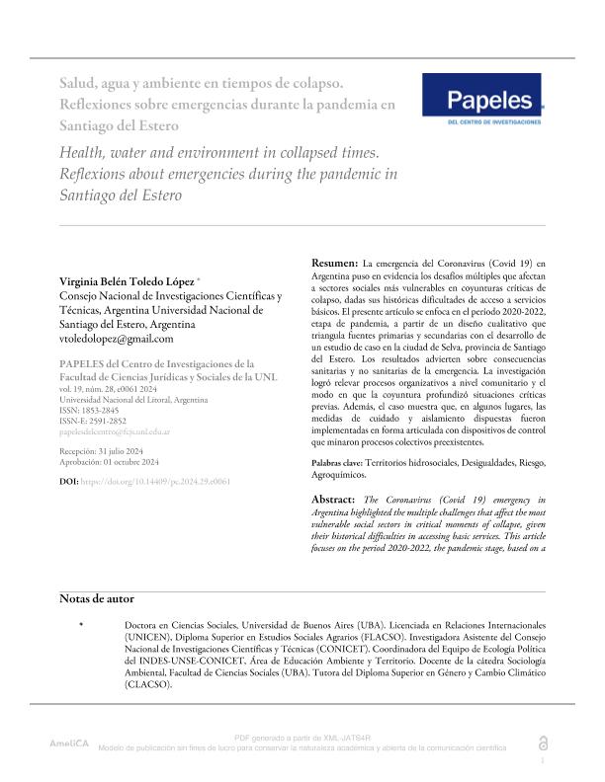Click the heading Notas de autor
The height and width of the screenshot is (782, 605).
(x=97, y=598)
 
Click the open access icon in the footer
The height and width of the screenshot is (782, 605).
(x=542, y=743)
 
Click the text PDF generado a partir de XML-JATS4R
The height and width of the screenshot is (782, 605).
(x=302, y=738)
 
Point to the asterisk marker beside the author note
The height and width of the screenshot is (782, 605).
(x=81, y=625)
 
